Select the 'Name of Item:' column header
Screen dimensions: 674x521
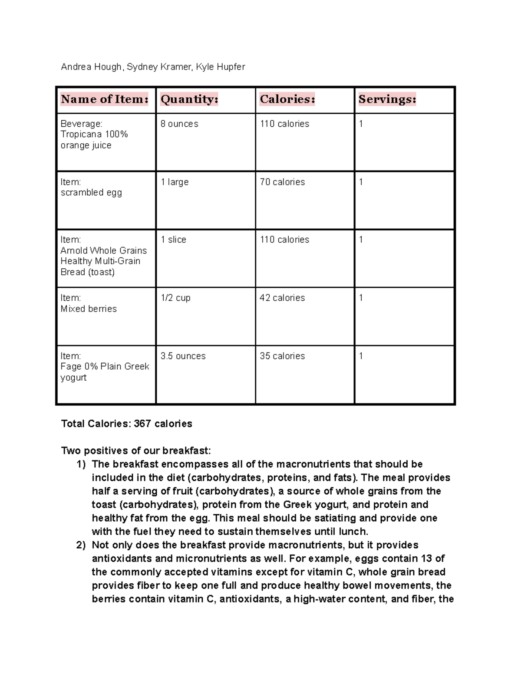click(x=105, y=99)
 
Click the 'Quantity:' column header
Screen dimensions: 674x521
click(x=189, y=99)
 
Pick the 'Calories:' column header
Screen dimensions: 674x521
click(x=287, y=99)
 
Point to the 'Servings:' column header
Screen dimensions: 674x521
click(x=387, y=99)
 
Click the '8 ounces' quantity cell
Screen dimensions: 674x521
click(x=179, y=124)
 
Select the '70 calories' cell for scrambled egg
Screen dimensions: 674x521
click(x=282, y=182)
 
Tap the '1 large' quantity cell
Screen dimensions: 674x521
click(x=175, y=182)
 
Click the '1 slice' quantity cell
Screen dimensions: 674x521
click(x=173, y=240)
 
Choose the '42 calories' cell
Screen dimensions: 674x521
click(x=282, y=298)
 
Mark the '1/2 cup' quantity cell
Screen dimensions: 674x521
click(x=175, y=298)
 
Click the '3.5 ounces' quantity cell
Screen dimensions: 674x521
click(x=183, y=356)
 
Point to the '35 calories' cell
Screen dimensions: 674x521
click(x=282, y=356)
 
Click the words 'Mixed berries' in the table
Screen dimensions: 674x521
click(x=89, y=309)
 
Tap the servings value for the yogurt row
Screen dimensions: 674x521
click(x=361, y=356)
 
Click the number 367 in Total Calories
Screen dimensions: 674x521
click(x=142, y=424)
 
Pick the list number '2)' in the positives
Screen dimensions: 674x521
click(x=81, y=546)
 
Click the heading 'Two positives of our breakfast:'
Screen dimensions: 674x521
click(x=136, y=451)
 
